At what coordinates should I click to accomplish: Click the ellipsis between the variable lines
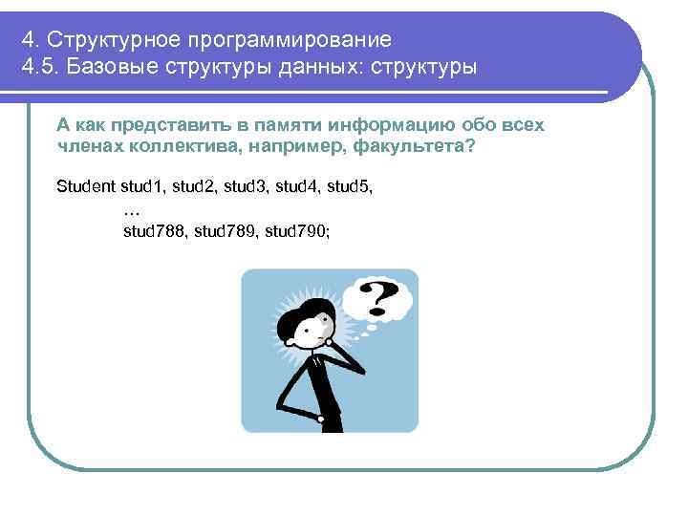tap(133, 208)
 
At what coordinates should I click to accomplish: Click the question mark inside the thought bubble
tap(378, 297)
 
